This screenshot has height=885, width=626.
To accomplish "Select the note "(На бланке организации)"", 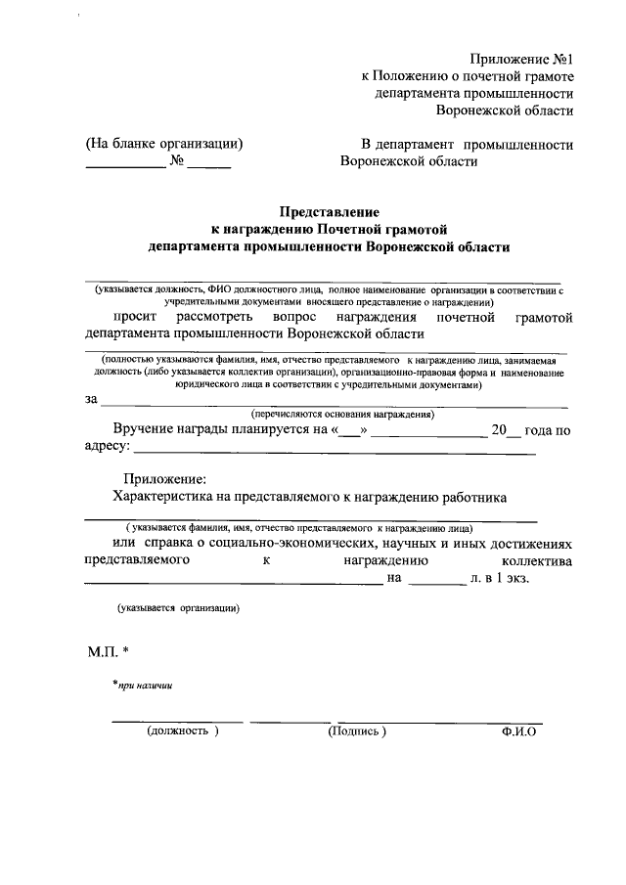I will coord(164,144).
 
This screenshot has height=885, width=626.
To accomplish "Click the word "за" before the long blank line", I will coord(92,399).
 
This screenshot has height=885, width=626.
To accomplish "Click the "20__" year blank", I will coord(507,429).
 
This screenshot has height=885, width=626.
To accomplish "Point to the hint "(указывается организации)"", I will coord(177,608).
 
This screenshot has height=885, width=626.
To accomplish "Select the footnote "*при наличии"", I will coord(143,686).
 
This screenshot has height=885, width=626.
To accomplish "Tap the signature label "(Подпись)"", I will coord(357,730).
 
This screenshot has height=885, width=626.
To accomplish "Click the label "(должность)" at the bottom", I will coord(183,730).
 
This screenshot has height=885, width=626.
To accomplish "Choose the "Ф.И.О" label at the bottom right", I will coord(517,730).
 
